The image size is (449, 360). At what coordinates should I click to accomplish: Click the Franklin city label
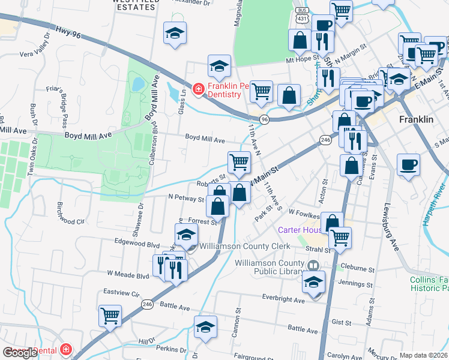(416, 119)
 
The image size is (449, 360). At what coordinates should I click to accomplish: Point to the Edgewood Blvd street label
(142, 245)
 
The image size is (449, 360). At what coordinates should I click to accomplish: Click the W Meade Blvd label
(128, 276)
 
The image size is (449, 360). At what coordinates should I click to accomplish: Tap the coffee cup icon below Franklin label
(408, 164)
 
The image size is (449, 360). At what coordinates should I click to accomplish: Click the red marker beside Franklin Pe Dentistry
(197, 90)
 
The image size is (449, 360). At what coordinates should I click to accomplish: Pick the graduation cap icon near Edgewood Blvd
(186, 234)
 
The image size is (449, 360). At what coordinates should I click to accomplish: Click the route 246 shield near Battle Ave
(147, 305)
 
